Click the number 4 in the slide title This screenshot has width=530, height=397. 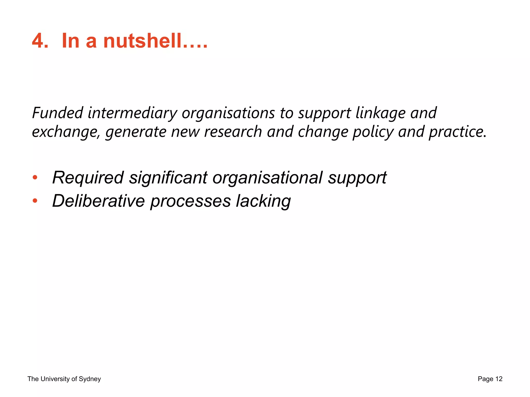coord(38,41)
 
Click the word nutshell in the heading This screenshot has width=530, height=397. coord(142,41)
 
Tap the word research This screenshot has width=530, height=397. coord(233,132)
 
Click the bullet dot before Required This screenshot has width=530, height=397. coord(35,178)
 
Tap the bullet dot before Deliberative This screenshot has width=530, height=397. coord(35,201)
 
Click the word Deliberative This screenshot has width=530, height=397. coord(98,201)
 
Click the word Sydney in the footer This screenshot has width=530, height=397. coord(90,379)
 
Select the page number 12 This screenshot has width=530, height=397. coord(499,379)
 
